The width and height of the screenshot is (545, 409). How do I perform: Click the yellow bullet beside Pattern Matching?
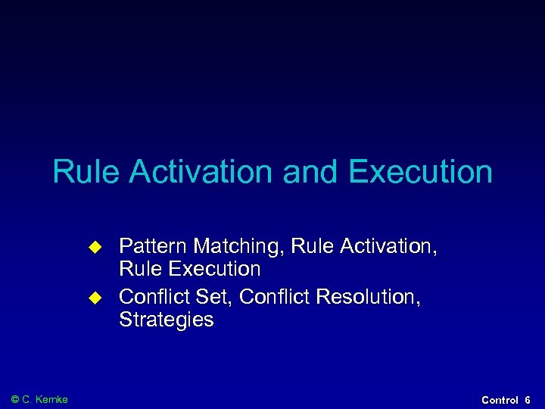tap(95, 246)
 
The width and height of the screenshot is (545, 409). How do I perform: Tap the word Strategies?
tap(167, 320)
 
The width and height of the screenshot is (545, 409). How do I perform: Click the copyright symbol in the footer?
tap(17, 399)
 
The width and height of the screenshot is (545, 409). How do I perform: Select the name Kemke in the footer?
tap(53, 399)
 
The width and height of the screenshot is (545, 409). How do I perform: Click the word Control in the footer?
tap(500, 400)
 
